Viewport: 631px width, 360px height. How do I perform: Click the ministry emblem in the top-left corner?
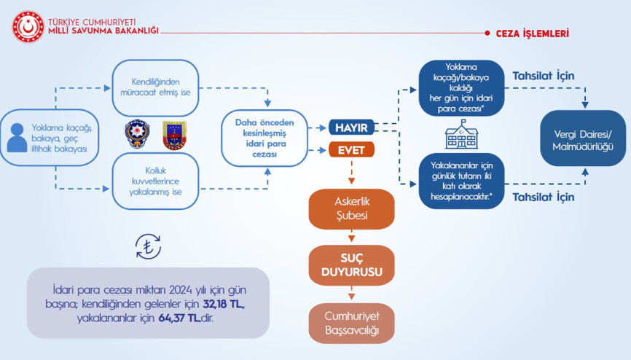pyautogui.click(x=27, y=26)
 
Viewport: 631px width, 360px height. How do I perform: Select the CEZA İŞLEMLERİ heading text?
pyautogui.click(x=533, y=34)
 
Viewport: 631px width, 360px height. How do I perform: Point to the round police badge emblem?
pyautogui.click(x=136, y=135)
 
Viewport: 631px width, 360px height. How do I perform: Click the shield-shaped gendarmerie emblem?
pyautogui.click(x=174, y=136)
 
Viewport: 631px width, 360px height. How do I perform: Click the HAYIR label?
pyautogui.click(x=351, y=128)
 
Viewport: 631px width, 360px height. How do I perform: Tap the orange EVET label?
pyautogui.click(x=351, y=150)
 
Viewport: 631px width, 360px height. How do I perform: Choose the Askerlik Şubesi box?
pyautogui.click(x=351, y=209)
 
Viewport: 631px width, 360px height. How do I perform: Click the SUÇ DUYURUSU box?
pyautogui.click(x=351, y=265)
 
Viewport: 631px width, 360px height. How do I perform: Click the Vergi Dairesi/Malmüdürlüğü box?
pyautogui.click(x=583, y=138)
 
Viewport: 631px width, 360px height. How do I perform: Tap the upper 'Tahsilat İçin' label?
pyautogui.click(x=543, y=76)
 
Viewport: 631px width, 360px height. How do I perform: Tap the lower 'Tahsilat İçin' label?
pyautogui.click(x=543, y=197)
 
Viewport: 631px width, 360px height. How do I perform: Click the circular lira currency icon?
pyautogui.click(x=149, y=248)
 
